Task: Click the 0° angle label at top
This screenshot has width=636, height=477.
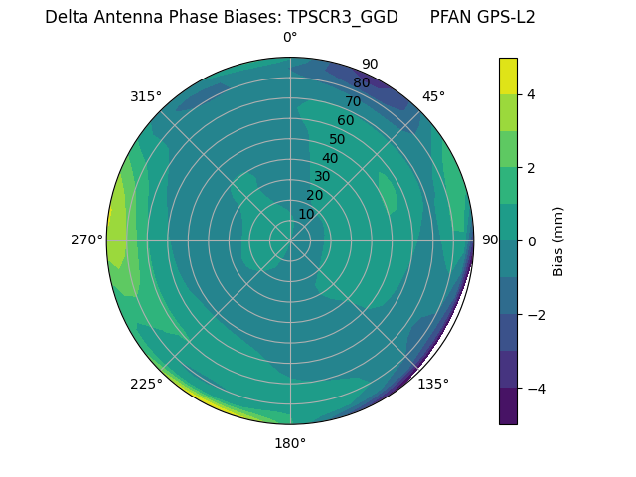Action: [x=290, y=38]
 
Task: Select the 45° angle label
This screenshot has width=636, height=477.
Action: [x=433, y=96]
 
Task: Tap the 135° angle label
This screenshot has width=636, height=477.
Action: [x=433, y=384]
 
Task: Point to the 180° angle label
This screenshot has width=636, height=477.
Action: [x=290, y=443]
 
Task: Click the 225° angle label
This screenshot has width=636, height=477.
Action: [x=146, y=384]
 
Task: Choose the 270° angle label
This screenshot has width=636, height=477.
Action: [x=86, y=239]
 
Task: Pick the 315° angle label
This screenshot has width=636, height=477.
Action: [x=146, y=96]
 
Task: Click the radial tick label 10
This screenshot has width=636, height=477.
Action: [x=306, y=214]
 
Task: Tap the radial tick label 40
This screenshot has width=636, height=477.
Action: [x=330, y=158]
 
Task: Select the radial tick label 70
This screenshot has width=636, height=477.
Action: [x=353, y=101]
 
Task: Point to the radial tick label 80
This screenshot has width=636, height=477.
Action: [x=361, y=82]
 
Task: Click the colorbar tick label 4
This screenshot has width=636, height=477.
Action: [x=532, y=94]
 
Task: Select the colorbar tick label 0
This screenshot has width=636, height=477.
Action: [x=532, y=240]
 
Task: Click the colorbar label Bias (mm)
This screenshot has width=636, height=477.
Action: [x=558, y=240]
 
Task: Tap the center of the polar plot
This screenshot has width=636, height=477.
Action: [x=290, y=240]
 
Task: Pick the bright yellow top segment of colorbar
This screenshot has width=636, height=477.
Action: [x=508, y=76]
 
